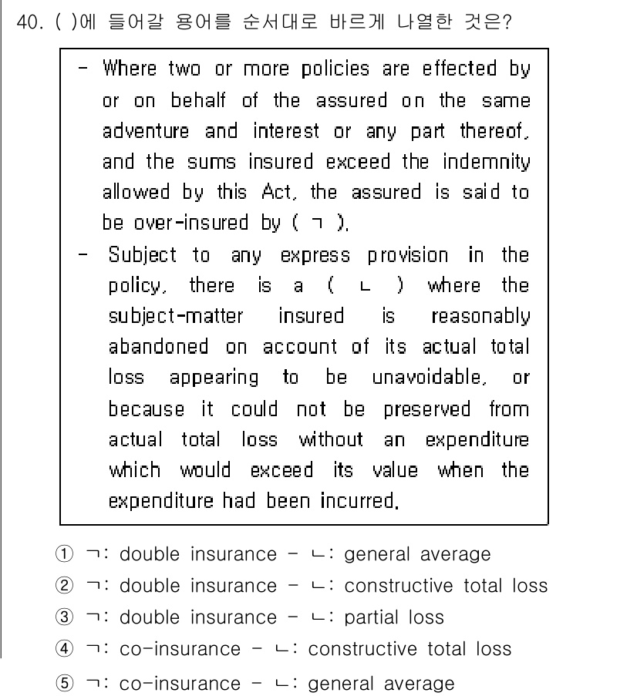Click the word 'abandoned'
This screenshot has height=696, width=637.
[x=159, y=347]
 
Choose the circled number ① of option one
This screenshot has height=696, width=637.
[x=64, y=554]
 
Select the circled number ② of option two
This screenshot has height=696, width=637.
[x=64, y=586]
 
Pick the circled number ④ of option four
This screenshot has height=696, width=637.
[x=64, y=649]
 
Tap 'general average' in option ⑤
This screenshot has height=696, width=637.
[x=381, y=684]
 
